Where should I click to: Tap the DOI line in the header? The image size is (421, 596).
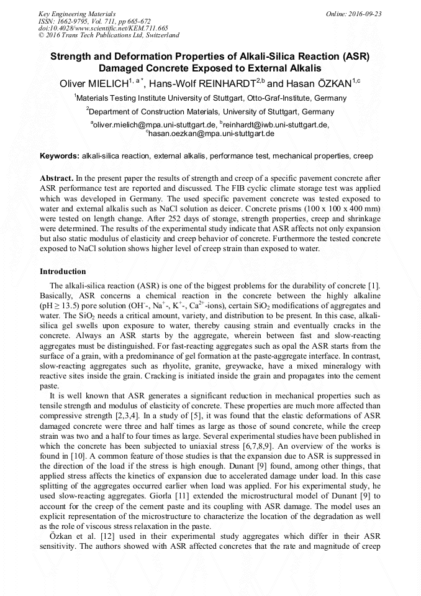point(103,28)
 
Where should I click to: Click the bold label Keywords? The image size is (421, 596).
point(60,155)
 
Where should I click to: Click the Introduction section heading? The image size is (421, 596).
point(63,272)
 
